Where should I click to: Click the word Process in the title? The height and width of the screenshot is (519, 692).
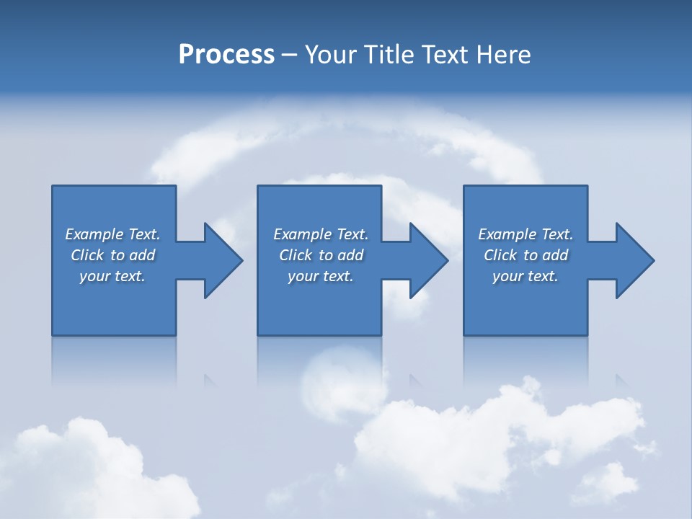226,55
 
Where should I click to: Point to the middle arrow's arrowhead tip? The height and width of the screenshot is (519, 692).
445,260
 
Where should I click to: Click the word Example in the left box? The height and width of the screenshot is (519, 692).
94,234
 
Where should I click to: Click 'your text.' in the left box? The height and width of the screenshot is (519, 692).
112,276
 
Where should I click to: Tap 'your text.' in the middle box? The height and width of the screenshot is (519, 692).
321,276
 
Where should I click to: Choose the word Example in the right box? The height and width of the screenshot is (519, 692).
507,234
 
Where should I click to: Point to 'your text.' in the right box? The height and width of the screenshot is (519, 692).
525,276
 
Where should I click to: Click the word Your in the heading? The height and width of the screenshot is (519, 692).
328,55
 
